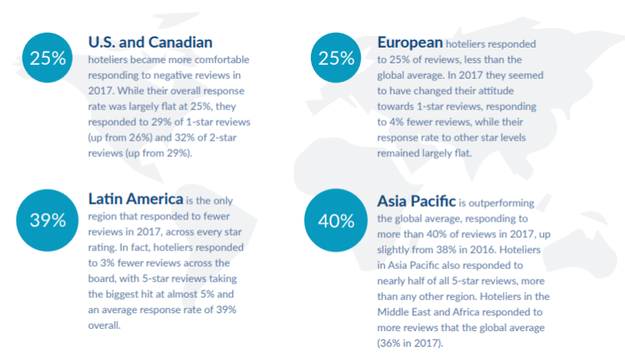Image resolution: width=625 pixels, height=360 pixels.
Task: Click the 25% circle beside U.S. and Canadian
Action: pos(48,58)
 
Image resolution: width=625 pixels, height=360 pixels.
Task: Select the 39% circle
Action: pos(48,220)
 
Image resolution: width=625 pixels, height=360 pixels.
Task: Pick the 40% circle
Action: pos(337,220)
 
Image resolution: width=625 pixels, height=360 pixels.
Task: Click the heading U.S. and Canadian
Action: pos(150,41)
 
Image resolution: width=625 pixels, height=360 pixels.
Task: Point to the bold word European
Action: pos(410,41)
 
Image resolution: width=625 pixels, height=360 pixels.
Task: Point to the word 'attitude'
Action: pos(509,91)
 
